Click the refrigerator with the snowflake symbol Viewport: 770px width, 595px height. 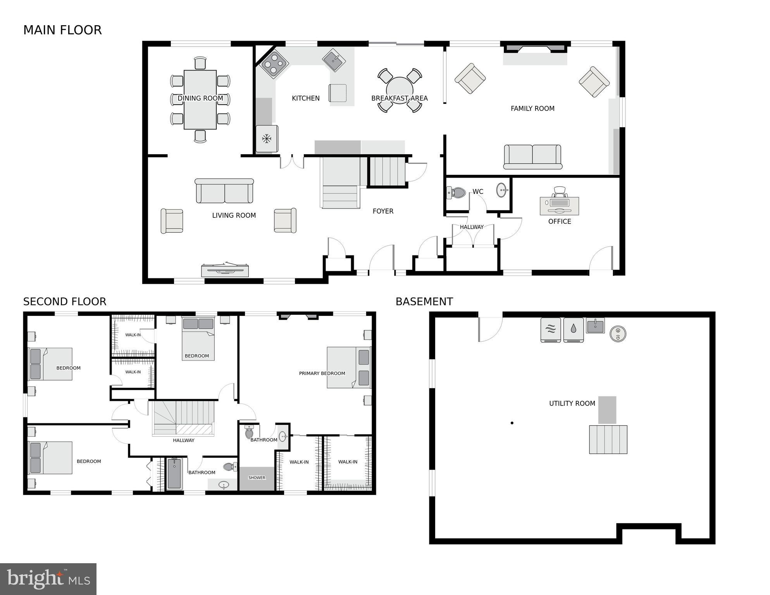[267, 139]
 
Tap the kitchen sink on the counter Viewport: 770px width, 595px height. [334, 60]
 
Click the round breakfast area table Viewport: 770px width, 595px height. [400, 90]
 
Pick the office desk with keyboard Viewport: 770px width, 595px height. [559, 205]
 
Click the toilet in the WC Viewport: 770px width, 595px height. [456, 192]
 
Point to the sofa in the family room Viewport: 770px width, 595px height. [532, 157]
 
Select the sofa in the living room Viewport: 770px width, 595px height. [224, 191]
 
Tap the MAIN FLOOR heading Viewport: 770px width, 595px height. [62, 30]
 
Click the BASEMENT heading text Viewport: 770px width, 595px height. [424, 302]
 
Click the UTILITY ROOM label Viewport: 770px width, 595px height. [572, 404]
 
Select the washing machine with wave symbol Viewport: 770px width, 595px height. [550, 330]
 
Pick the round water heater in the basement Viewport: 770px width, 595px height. [618, 334]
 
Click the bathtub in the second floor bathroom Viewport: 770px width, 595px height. [174, 474]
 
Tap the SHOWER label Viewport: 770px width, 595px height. [257, 478]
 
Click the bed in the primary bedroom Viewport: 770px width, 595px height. [348, 367]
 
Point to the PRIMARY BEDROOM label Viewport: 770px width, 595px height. [322, 373]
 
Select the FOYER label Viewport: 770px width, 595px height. [383, 211]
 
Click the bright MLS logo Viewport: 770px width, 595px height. [48, 579]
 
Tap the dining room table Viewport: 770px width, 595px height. [200, 100]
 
